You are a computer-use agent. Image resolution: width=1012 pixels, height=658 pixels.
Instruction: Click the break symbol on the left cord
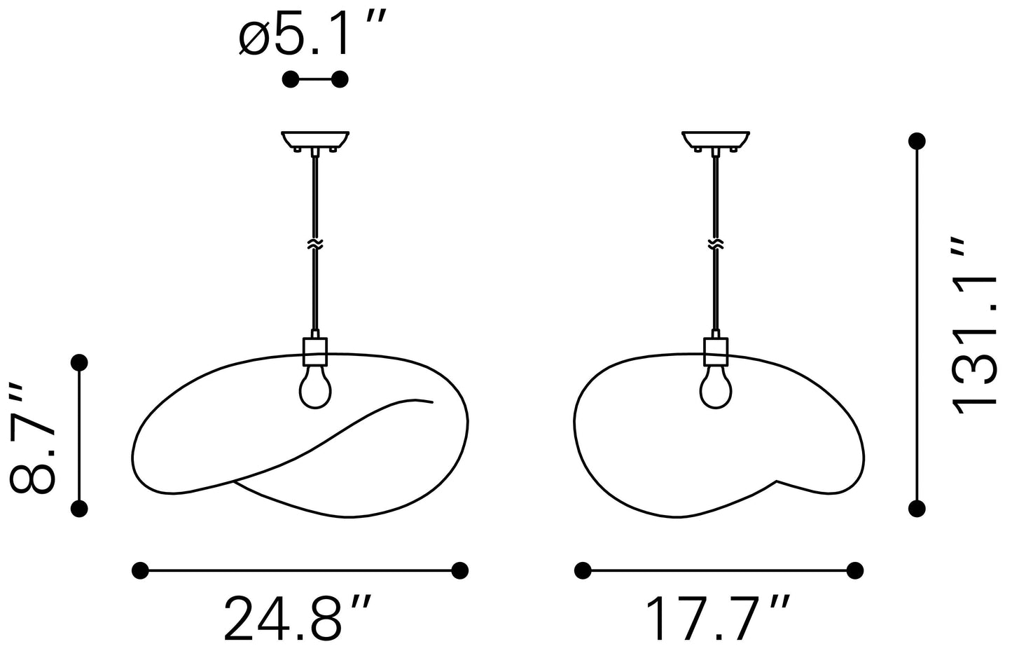coord(315,245)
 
